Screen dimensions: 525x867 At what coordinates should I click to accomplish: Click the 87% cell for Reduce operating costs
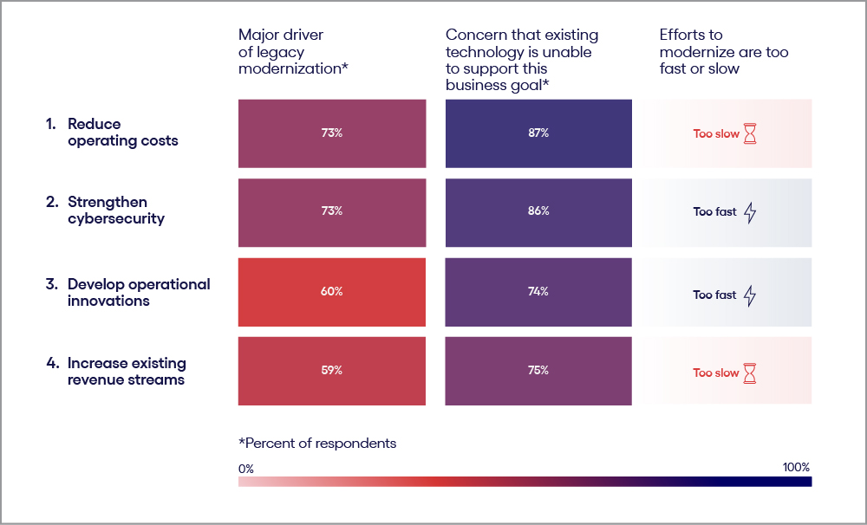538,133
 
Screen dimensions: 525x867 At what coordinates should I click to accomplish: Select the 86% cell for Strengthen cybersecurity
538,211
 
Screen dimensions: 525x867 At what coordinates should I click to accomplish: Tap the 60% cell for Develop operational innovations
331,292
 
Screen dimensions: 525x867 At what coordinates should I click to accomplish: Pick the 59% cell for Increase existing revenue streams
331,371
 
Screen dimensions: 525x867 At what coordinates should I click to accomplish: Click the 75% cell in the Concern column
538,371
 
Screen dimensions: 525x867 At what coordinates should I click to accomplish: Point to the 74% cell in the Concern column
538,292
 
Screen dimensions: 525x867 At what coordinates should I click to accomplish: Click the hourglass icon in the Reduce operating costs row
750,134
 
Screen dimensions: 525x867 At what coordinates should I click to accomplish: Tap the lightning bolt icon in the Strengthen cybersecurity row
750,212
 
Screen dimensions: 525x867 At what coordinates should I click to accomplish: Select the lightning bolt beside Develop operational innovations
750,295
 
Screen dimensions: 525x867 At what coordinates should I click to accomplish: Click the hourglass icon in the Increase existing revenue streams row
750,373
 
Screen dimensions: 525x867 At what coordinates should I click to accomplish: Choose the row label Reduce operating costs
122,133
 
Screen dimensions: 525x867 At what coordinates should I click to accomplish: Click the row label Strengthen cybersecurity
115,211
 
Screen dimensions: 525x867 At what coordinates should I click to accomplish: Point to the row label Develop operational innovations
139,293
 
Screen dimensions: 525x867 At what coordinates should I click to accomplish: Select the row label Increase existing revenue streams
127,372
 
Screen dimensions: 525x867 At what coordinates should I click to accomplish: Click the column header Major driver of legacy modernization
293,51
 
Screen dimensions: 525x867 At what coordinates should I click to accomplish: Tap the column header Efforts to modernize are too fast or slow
724,51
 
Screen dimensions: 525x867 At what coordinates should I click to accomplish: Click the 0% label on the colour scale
246,468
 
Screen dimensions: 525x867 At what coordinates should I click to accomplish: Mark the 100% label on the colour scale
796,468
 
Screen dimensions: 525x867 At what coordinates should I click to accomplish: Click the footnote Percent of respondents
317,444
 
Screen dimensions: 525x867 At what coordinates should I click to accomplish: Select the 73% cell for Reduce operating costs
331,133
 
